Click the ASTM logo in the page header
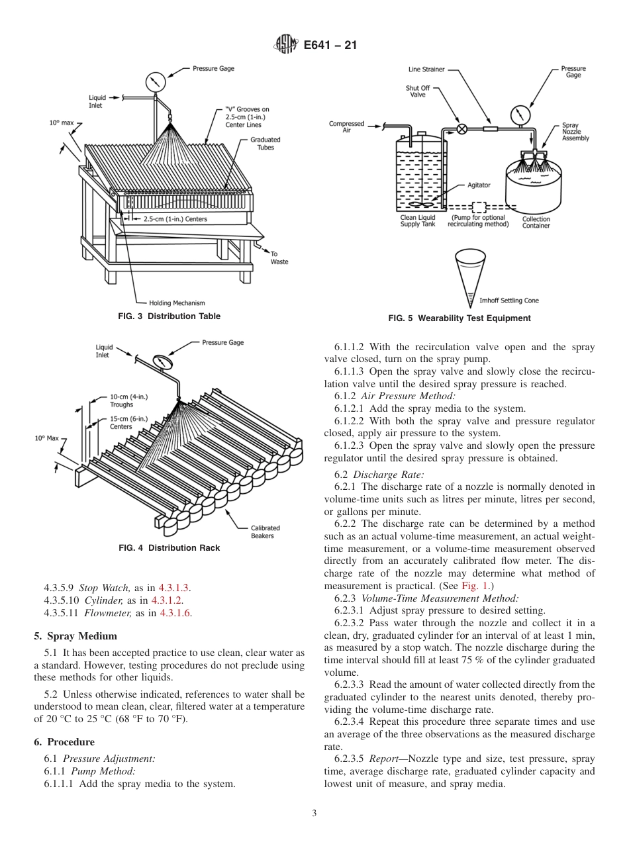pos(285,45)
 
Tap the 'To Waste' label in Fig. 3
pos(279,257)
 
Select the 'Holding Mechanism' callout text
pos(177,303)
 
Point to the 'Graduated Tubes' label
pos(265,144)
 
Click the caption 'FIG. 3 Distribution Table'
pos(169,316)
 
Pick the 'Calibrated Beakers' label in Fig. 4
pos(265,532)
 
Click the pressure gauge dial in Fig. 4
pos(162,362)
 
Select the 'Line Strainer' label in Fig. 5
pos(426,69)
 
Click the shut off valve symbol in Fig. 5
pos(462,129)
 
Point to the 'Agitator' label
pos(479,185)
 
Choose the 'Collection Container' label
pos(536,222)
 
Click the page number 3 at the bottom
pos(314,813)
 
